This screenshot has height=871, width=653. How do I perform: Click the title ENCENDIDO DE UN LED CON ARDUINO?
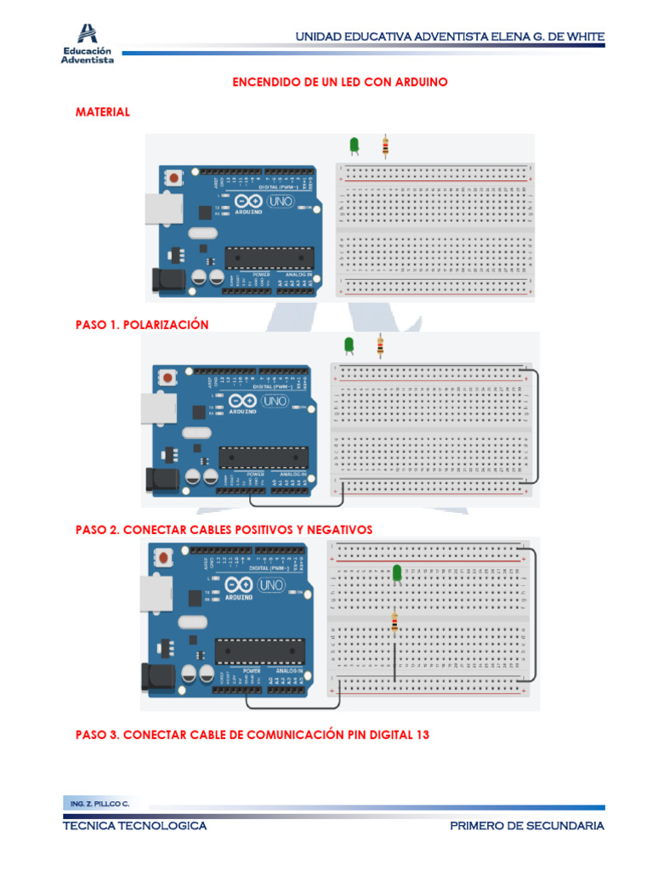tap(340, 82)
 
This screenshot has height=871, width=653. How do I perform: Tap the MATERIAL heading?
tap(103, 111)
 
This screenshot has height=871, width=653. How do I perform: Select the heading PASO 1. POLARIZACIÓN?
tap(142, 325)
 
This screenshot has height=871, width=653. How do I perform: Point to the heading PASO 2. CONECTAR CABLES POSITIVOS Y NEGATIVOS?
tap(224, 529)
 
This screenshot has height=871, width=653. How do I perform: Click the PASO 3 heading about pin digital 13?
tap(252, 733)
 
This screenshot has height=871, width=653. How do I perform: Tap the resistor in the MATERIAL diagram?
tap(386, 147)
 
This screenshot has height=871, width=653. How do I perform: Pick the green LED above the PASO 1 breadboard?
tap(348, 344)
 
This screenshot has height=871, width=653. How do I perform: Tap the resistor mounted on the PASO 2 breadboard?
tap(395, 624)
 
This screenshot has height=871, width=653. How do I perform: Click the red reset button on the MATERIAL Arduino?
tap(174, 178)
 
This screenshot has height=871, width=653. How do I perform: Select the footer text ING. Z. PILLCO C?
tap(97, 803)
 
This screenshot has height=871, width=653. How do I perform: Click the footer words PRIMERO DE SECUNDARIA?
tap(527, 826)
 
